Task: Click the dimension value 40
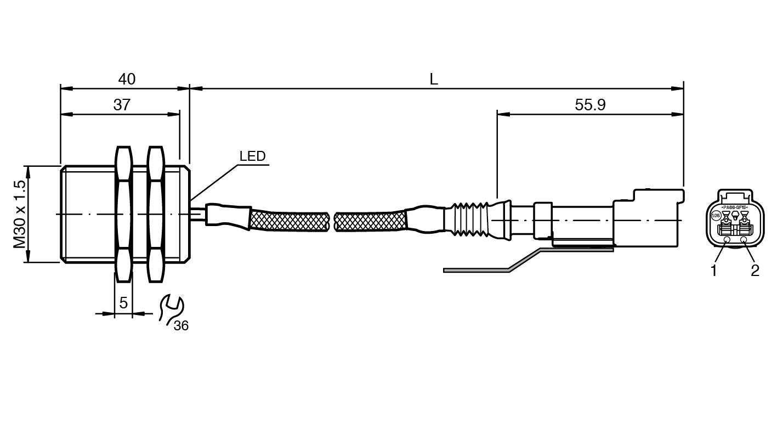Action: coord(127,79)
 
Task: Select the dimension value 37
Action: coord(122,105)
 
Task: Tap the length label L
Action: coord(434,79)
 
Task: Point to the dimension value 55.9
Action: coord(590,105)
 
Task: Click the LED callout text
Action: coord(252,156)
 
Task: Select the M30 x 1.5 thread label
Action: coord(20,214)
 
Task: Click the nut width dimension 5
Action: coord(123,302)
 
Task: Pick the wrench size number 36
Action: coord(181,326)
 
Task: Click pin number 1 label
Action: coord(713,271)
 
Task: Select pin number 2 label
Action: coord(755,271)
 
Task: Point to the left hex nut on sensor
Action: coord(123,214)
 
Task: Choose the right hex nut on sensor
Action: coord(156,214)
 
